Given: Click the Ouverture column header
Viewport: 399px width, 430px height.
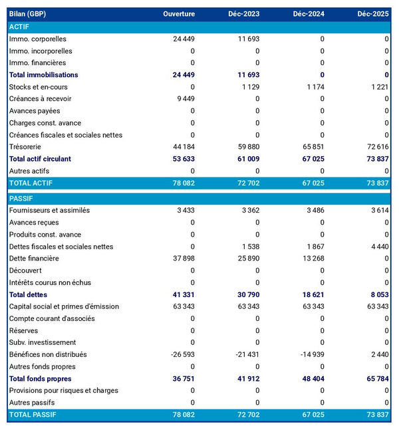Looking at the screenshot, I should (x=178, y=14).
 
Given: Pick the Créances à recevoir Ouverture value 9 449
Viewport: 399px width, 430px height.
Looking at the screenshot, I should (x=184, y=99).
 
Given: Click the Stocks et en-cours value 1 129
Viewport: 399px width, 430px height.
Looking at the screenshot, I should (x=248, y=87).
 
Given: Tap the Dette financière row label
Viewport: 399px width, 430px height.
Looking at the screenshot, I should (x=35, y=259).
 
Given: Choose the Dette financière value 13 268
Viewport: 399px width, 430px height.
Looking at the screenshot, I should (x=313, y=259).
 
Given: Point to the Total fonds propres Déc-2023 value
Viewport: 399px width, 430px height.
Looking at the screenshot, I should (x=247, y=379).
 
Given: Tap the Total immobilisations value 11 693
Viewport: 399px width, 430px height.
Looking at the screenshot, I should (x=247, y=75).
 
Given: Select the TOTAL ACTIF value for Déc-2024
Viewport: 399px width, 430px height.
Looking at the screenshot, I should (x=312, y=183).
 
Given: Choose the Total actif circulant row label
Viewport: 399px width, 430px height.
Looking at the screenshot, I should (x=40, y=159).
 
